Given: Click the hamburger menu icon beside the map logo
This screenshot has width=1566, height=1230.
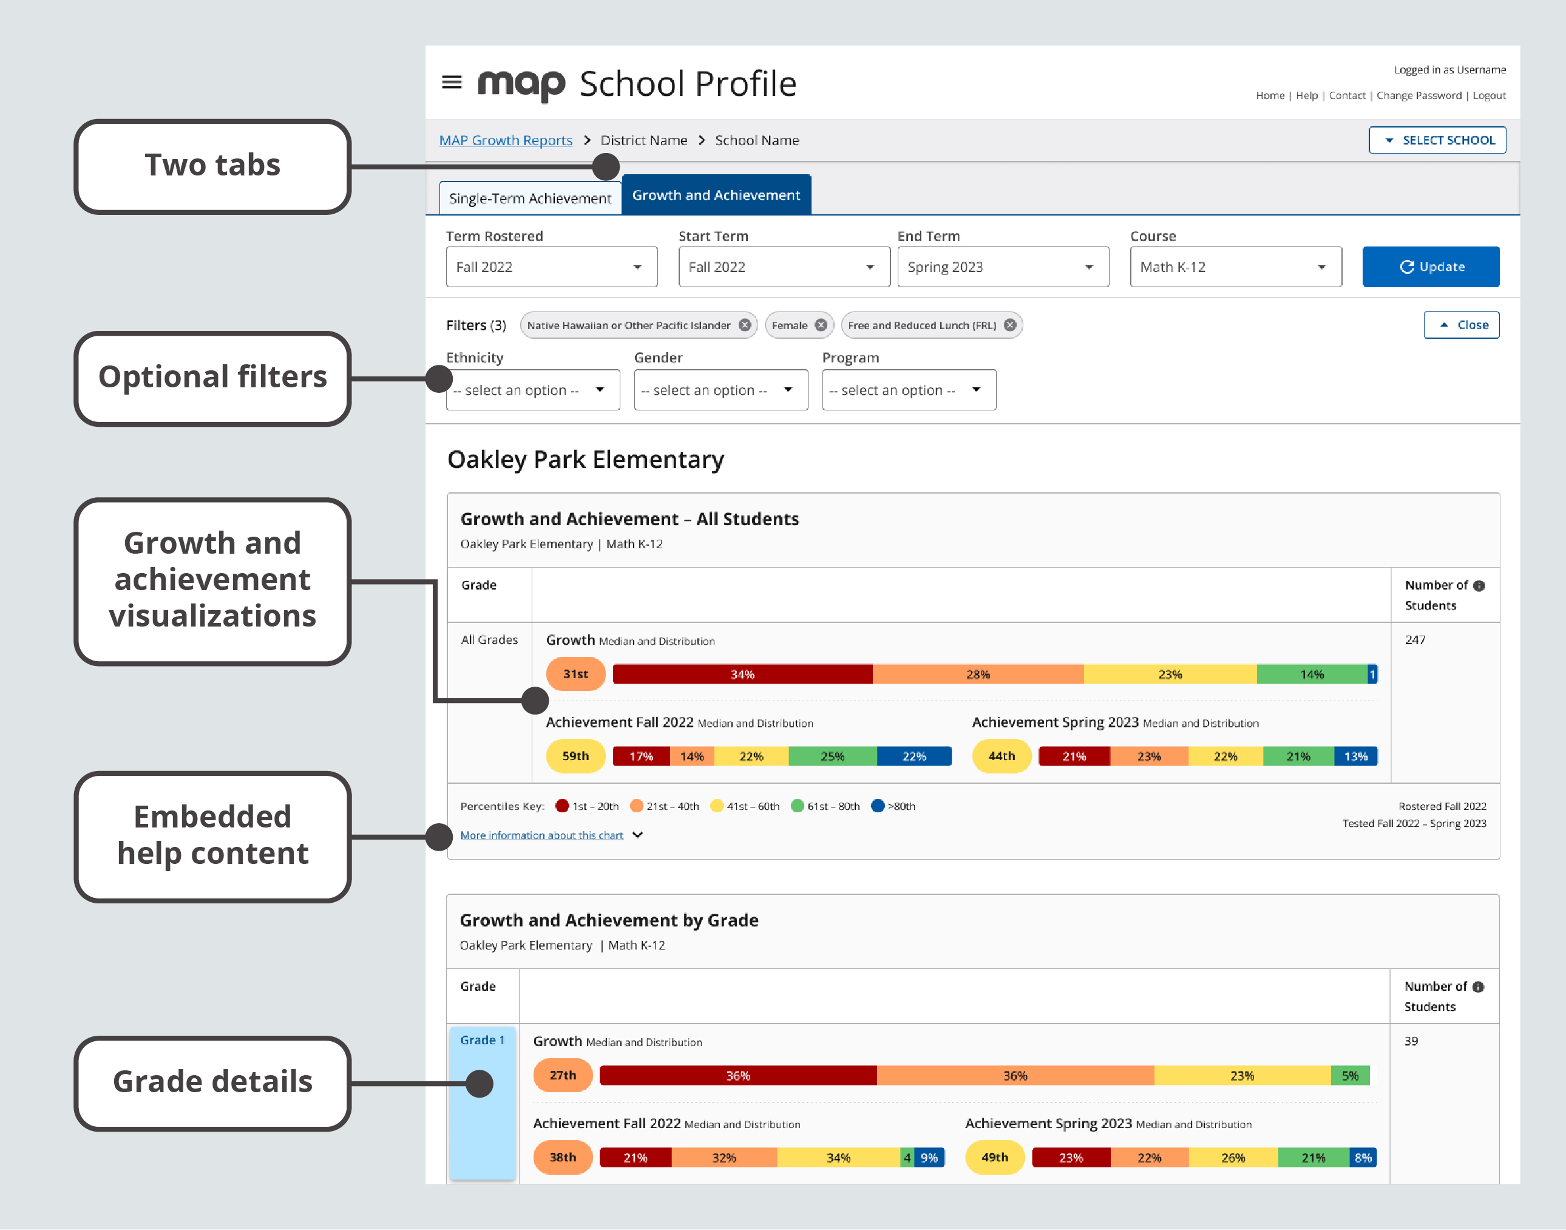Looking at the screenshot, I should (452, 82).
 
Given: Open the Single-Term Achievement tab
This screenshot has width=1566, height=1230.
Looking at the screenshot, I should (530, 198).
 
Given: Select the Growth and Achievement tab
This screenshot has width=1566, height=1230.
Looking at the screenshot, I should (716, 195).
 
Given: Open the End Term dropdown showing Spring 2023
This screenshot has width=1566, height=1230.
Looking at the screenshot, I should (1002, 267).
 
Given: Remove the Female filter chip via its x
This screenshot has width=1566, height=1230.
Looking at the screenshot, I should (821, 325).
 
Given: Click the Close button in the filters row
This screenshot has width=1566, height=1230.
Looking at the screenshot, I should (1461, 325).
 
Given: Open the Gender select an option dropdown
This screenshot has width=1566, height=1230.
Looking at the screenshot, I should (720, 390).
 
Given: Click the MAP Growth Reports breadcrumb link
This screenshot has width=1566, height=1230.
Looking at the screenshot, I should (506, 140).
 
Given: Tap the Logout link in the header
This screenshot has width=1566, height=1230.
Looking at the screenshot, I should (1489, 96).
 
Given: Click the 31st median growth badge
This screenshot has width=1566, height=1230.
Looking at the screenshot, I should (575, 674).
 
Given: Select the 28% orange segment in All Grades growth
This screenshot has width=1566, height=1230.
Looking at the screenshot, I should (977, 674).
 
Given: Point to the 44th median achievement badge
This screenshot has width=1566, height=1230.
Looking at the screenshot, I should (1001, 756).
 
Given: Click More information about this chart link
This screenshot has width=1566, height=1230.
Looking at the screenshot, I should (541, 835).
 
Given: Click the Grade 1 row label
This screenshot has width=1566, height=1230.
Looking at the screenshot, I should (482, 1040).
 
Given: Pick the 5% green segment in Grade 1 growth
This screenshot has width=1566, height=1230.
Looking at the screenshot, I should (1349, 1076).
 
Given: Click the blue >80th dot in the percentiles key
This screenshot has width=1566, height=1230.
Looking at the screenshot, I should (877, 806).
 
